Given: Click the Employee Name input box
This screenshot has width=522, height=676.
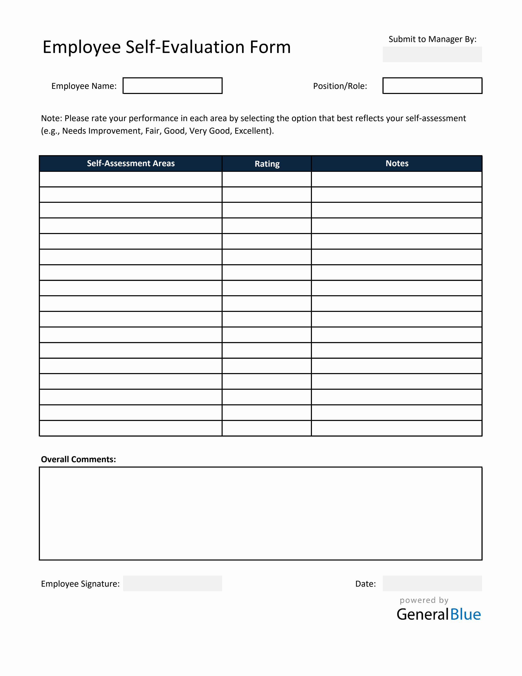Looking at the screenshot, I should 172,86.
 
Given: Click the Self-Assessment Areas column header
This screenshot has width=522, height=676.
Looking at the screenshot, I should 130,163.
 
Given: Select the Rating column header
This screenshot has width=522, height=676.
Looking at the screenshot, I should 267,164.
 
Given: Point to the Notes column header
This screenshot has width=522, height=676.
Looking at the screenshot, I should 397,163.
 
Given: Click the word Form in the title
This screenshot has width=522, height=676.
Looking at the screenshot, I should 270,47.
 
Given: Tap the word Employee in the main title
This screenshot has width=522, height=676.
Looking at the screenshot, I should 82,48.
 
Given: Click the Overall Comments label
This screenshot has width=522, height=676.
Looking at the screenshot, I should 78,459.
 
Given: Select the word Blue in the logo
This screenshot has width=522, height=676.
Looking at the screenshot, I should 465,614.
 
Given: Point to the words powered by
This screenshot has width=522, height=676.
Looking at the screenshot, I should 424,600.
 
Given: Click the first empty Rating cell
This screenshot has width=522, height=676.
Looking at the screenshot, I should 267,179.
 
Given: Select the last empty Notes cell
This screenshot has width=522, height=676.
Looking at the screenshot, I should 396,428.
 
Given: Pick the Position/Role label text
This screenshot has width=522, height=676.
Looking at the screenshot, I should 340,86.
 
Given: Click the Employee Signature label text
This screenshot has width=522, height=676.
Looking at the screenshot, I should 80,584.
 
